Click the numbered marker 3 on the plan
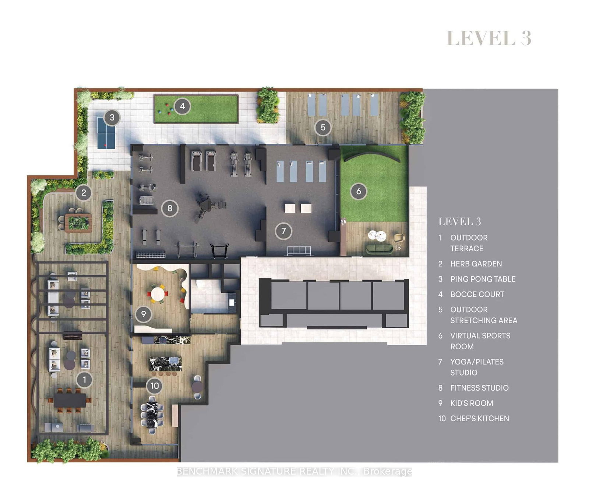tap(112, 118)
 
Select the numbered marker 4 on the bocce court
tap(182, 106)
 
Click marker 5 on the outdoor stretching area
tap(323, 128)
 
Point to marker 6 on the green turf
tap(359, 191)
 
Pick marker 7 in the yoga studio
tap(283, 231)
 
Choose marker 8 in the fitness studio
tap(170, 208)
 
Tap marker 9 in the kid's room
tap(144, 314)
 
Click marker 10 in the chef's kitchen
tap(155, 386)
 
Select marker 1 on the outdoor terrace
tap(84, 380)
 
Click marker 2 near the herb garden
tap(84, 192)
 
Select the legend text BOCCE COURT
tap(477, 294)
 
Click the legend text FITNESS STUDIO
tap(479, 388)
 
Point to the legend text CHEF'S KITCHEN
tap(479, 418)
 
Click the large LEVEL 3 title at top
tap(489, 38)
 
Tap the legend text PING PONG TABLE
tap(483, 279)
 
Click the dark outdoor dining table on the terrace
tap(70, 400)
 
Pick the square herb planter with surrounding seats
tap(78, 223)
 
